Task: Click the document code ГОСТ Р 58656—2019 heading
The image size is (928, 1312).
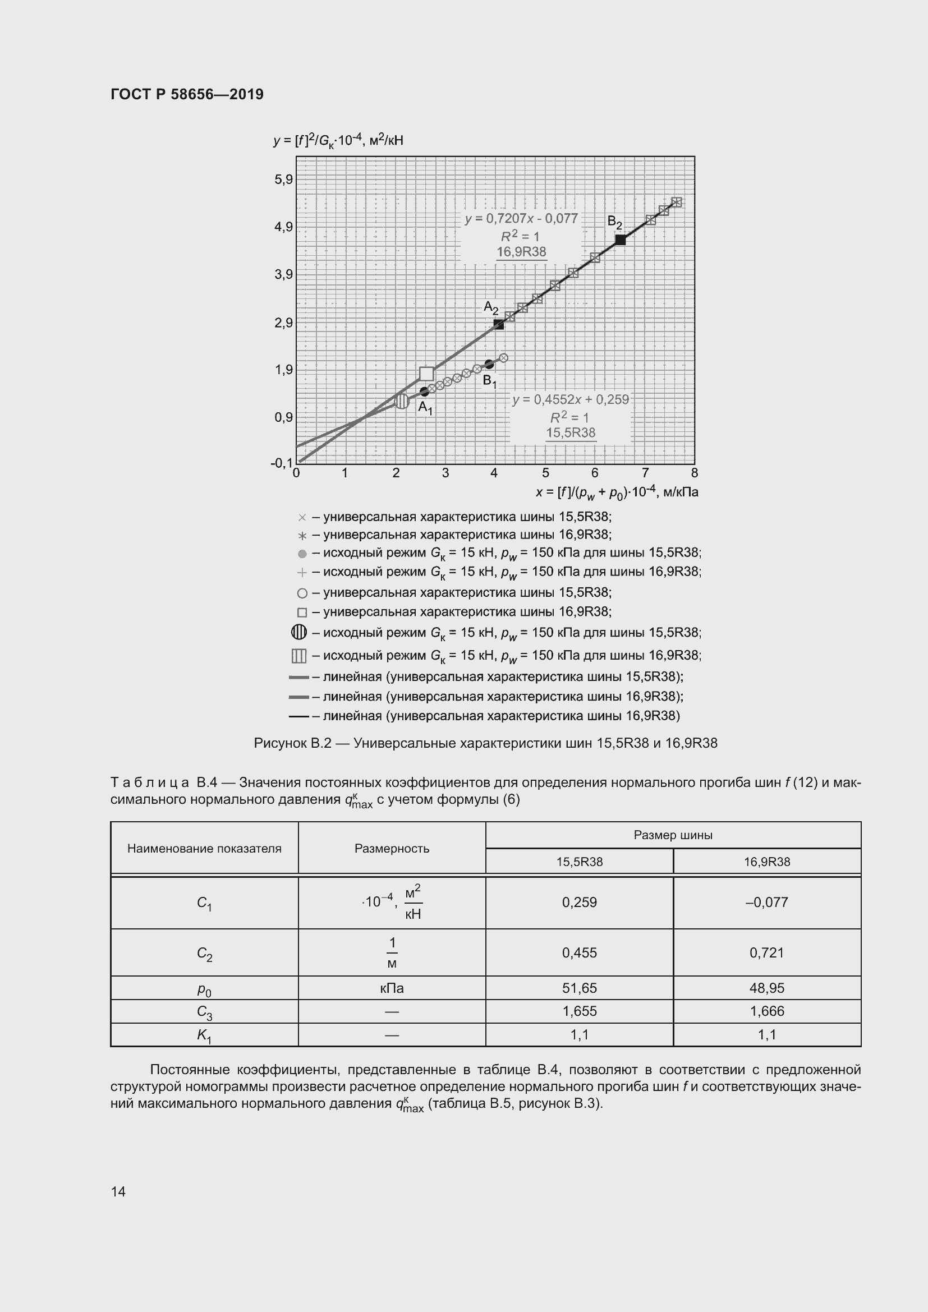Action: [x=187, y=94]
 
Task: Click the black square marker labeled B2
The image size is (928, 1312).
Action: [x=620, y=240]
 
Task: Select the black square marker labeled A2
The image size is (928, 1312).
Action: [x=499, y=325]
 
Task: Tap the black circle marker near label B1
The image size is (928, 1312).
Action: [x=489, y=364]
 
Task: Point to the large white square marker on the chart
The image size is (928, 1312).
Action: [x=426, y=374]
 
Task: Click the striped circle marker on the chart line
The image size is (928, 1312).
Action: [x=402, y=401]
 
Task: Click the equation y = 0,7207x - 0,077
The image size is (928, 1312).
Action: [x=521, y=219]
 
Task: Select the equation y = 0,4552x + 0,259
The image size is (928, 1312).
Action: [x=570, y=399]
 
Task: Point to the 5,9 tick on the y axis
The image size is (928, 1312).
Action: [x=283, y=180]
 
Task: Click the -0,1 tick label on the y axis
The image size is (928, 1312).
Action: [x=281, y=463]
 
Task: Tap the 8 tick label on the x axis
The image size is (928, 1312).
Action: [x=694, y=473]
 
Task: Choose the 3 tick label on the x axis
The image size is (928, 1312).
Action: [x=445, y=473]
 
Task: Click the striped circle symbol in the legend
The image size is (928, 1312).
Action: [x=299, y=632]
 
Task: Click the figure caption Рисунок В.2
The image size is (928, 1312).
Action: [x=485, y=743]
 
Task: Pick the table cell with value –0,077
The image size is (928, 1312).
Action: [x=766, y=903]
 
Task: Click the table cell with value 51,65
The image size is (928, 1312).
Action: [x=579, y=987]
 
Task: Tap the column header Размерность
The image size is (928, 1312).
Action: [x=392, y=848]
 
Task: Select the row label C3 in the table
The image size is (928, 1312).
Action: [x=204, y=1011]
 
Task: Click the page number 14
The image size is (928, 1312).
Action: [x=118, y=1191]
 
